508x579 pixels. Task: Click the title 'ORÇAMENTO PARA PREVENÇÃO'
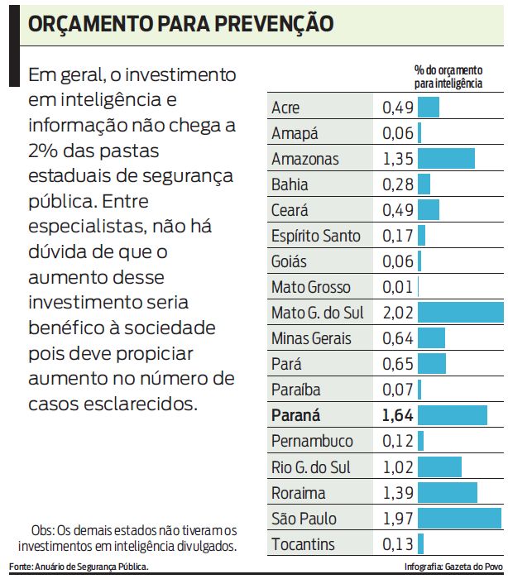181,23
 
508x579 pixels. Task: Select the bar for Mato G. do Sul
461,313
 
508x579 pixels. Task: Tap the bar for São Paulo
460,519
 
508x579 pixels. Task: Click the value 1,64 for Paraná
398,415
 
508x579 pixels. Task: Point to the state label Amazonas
305,159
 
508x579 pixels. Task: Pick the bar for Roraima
448,493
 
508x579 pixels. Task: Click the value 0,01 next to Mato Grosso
397,287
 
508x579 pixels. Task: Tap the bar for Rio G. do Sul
439,467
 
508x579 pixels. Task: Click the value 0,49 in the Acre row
397,108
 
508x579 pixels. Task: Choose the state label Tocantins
304,544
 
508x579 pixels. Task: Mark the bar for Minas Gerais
432,338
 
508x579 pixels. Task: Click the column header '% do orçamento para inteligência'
448,78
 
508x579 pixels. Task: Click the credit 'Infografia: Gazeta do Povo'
453,567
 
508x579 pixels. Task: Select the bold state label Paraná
295,415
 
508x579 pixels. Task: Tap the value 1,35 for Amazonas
397,159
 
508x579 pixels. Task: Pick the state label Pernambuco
311,442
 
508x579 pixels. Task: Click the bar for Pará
432,364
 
